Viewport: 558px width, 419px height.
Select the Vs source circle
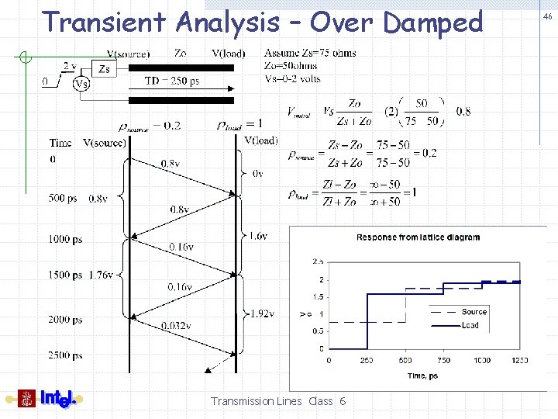[81, 83]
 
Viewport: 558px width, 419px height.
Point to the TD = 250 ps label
[171, 81]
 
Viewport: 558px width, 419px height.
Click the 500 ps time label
[63, 198]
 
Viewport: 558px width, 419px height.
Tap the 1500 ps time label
[66, 275]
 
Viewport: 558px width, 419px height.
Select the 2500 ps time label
[66, 355]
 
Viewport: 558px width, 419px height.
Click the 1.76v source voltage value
[102, 275]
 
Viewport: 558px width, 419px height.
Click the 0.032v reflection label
[176, 325]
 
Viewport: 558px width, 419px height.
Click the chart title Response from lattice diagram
[418, 237]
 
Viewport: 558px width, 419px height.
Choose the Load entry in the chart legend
[470, 325]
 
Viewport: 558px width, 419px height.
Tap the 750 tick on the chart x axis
[443, 361]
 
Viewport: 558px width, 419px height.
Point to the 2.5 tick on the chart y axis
[318, 261]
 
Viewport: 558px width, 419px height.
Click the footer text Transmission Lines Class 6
[278, 401]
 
